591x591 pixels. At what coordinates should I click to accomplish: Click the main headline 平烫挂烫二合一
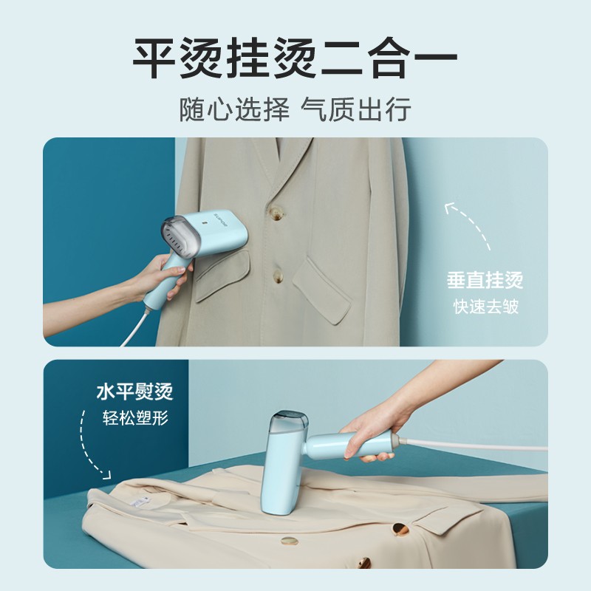(295, 58)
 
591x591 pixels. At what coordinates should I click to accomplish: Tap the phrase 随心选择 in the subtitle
(234, 109)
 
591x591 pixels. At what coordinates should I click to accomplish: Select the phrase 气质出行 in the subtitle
(356, 109)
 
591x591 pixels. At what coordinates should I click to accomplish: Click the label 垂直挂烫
(485, 280)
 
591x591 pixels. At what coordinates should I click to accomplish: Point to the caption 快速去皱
(485, 307)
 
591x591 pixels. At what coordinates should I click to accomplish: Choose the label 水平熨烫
(134, 392)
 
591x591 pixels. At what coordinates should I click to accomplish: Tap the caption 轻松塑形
(135, 418)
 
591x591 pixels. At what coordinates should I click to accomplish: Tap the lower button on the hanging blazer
(278, 276)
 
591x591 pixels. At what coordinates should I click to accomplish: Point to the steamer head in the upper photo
(205, 234)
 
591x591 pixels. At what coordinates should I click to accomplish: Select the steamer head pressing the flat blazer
(284, 463)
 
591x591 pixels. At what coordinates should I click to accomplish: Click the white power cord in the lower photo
(473, 444)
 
